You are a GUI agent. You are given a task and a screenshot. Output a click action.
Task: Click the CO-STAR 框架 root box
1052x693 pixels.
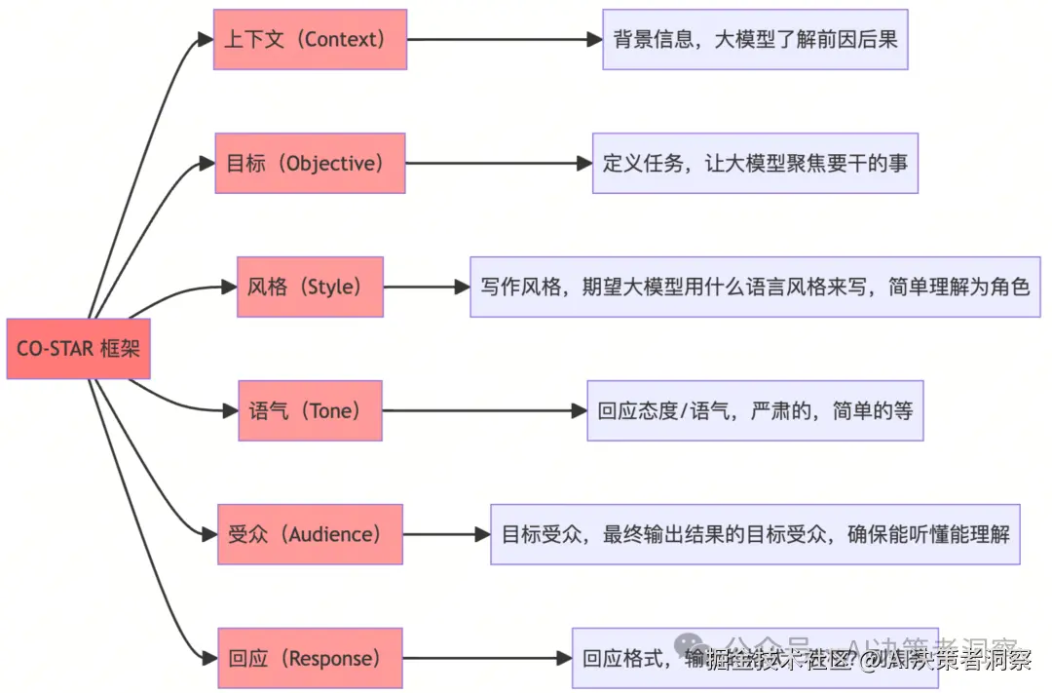[x=78, y=348]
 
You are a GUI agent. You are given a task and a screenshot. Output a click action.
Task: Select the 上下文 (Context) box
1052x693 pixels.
[x=310, y=40]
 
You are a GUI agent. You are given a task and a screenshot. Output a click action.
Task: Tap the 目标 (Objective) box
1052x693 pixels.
[x=310, y=164]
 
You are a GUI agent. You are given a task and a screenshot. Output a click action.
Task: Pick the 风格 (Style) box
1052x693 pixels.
[x=310, y=287]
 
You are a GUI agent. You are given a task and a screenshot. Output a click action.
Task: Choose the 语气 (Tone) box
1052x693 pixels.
[x=310, y=410]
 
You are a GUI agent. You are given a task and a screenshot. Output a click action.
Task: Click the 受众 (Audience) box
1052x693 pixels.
[x=310, y=534]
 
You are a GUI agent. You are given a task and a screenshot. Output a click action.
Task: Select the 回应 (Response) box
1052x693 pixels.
[x=310, y=658]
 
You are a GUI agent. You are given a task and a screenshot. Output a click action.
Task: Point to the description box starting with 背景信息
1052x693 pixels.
[x=755, y=40]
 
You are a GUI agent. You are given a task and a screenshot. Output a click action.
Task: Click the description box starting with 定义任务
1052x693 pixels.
[x=755, y=164]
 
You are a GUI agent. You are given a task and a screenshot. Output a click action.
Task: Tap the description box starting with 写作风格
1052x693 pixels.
[x=755, y=287]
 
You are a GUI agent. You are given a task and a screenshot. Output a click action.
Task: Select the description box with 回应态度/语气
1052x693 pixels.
[x=755, y=410]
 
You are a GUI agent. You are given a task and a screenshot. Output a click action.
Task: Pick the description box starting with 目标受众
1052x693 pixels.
[x=755, y=534]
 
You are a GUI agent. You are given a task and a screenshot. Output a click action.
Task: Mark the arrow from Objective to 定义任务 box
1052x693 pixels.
[x=498, y=164]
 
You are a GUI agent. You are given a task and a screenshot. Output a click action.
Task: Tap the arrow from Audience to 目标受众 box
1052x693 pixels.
[x=446, y=534]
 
